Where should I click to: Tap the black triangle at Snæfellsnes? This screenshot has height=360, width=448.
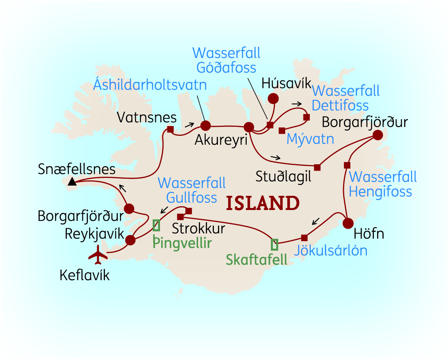[72, 182]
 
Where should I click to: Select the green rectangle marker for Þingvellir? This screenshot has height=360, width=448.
[156, 225]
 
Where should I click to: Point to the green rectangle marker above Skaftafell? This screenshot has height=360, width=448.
[274, 244]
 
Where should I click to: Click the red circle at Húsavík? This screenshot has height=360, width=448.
[274, 98]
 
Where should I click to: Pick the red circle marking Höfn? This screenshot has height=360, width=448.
[348, 223]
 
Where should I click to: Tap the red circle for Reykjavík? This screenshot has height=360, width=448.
[130, 240]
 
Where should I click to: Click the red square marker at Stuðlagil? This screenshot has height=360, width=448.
[317, 167]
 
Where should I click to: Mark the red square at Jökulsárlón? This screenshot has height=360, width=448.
[304, 238]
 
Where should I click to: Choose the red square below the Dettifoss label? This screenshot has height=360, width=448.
[307, 117]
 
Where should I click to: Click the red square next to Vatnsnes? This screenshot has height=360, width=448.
[170, 130]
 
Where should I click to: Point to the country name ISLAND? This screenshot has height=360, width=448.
[263, 203]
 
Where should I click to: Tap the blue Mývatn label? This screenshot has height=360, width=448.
[310, 139]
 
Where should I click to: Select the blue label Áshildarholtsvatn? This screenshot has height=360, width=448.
[150, 85]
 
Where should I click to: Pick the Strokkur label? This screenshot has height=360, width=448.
[198, 229]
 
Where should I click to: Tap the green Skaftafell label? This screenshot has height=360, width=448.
[256, 259]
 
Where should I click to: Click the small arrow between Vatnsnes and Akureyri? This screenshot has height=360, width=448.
[189, 124]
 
